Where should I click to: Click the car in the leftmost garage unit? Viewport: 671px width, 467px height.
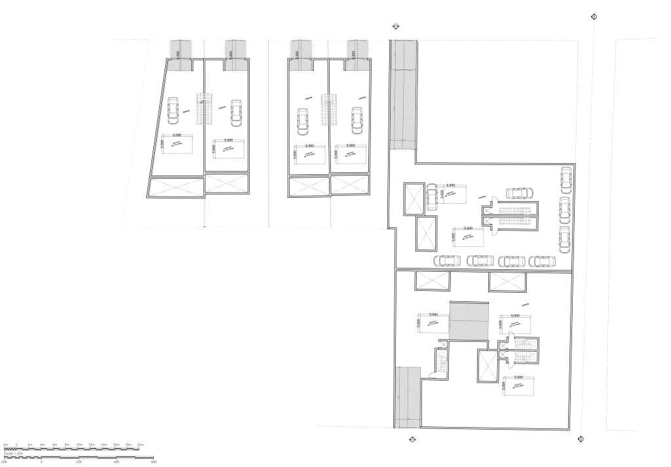tap(173, 111)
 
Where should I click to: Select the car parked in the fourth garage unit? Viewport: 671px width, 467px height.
tap(356, 120)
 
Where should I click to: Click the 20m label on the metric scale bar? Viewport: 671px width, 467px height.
tap(139, 444)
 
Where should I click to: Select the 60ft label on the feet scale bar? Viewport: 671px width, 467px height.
tap(153, 461)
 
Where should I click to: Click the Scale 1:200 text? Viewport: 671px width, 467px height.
tap(14, 453)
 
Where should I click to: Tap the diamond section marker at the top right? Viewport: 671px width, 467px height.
tap(594, 17)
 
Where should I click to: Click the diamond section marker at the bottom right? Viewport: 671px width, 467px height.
tap(581, 439)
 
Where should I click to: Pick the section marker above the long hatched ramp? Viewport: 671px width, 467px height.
tap(395, 26)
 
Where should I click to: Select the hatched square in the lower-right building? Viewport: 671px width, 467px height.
tap(469, 321)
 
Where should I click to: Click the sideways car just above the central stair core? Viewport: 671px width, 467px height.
tap(518, 193)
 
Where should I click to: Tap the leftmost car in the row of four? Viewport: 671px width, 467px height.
tap(447, 261)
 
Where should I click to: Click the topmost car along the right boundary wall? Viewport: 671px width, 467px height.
tap(566, 179)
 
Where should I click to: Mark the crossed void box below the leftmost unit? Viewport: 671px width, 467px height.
tap(176, 187)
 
